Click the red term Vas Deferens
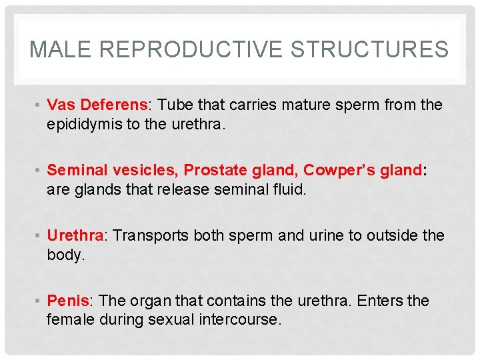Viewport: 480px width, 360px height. point(97,105)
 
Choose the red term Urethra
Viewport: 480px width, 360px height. point(75,235)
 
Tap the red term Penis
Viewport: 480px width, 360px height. point(69,301)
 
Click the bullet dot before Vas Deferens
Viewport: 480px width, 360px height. point(40,105)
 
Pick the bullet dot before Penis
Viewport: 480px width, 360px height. point(40,301)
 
